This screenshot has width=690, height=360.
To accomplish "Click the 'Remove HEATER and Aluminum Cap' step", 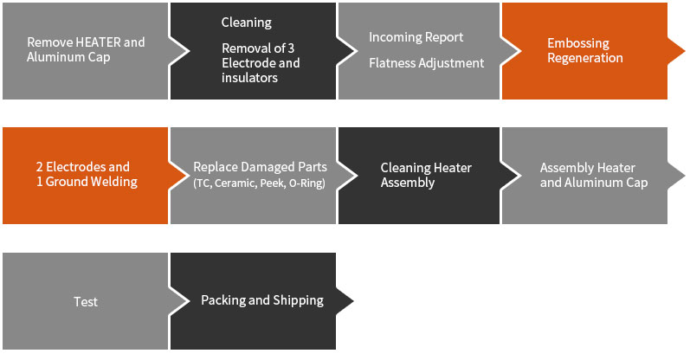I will click(x=86, y=49).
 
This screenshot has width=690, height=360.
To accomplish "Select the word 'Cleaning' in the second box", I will click(x=246, y=22).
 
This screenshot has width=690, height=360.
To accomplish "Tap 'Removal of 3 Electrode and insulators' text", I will click(x=261, y=63).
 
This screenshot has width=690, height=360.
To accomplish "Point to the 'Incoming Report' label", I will click(x=416, y=37).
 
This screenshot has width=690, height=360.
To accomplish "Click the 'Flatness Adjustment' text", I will click(x=426, y=62).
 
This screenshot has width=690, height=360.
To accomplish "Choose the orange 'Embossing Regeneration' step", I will click(x=584, y=50).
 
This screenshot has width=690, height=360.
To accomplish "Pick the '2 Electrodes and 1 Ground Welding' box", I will click(x=86, y=174).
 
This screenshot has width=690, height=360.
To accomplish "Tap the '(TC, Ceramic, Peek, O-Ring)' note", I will click(x=259, y=183).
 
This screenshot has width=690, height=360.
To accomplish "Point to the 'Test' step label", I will click(x=86, y=302).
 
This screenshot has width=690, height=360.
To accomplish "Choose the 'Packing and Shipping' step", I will click(x=261, y=300).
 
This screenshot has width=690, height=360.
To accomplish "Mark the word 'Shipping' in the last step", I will click(x=297, y=300).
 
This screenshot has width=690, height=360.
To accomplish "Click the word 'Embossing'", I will click(x=577, y=43).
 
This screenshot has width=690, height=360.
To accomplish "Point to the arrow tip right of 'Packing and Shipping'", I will click(x=350, y=301).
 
